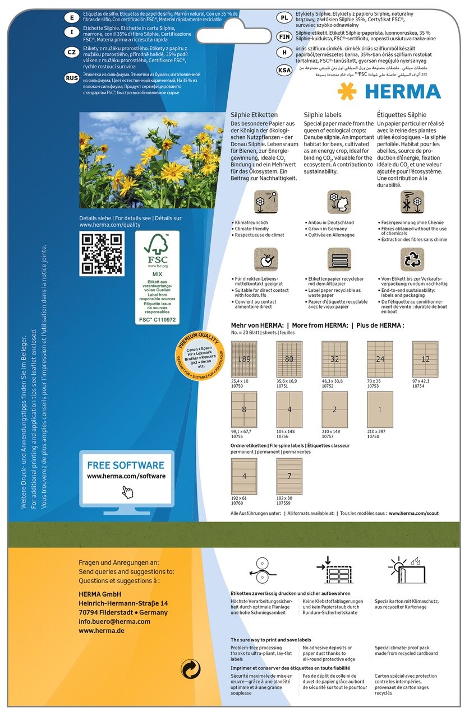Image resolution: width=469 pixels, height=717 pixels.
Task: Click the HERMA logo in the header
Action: tap(389, 91)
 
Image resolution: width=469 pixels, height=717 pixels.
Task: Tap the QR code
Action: tap(102, 254)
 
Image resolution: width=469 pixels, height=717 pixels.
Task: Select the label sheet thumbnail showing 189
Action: tap(244, 360)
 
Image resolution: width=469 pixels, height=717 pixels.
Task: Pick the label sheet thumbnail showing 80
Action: tap(289, 360)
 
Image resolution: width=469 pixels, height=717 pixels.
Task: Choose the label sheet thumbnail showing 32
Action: tap(334, 360)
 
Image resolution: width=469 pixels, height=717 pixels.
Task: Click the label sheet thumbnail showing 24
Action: tap(380, 360)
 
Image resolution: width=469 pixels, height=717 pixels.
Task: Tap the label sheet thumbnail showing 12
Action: tap(425, 360)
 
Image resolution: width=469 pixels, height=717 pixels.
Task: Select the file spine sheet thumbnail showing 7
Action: tap(289, 477)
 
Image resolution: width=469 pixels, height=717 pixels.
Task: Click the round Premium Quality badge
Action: tap(199, 354)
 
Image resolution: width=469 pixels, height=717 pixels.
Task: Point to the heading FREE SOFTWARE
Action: tap(126, 465)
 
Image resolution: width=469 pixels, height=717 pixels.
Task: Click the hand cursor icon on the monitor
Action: tap(128, 491)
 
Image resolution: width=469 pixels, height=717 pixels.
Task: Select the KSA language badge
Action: tap(284, 70)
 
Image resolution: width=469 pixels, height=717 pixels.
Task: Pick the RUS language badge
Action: tap(72, 78)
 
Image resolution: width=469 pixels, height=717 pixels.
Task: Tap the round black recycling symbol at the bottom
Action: tap(190, 669)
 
